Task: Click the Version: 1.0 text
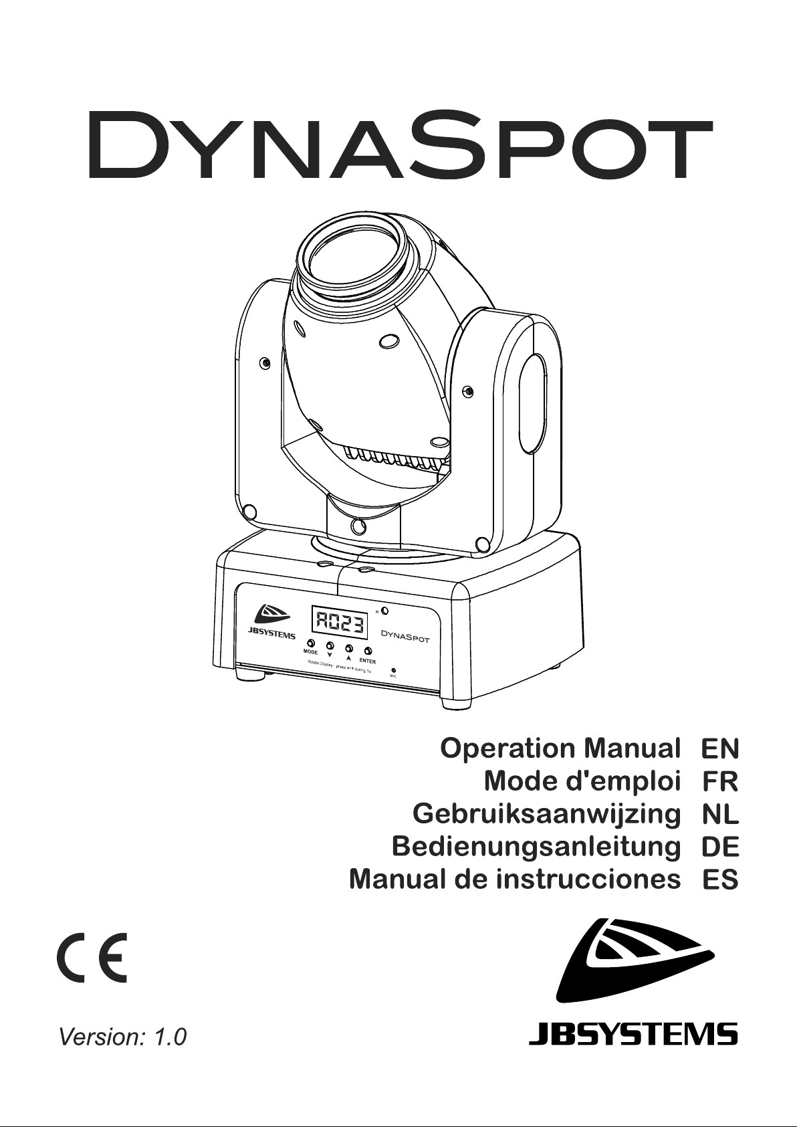click(x=123, y=1037)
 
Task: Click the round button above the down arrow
click(x=330, y=646)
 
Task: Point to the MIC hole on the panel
click(x=394, y=670)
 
